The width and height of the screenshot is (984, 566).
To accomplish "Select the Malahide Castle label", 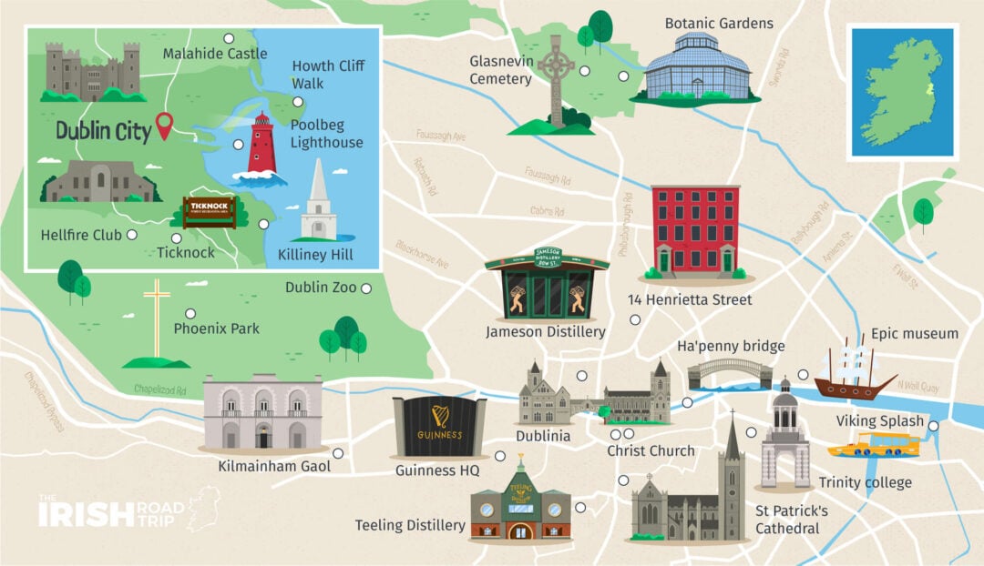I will (215, 54).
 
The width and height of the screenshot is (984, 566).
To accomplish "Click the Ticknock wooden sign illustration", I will (210, 211).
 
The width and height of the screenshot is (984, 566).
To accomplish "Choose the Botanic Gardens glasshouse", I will (696, 67).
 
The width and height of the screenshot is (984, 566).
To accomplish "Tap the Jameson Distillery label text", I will (545, 332).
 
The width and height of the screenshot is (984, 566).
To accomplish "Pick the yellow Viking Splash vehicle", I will (874, 445).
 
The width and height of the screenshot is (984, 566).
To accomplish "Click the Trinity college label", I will (865, 482).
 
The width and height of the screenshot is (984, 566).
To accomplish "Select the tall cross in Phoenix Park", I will (158, 318).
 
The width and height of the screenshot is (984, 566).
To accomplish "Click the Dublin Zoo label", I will (320, 288).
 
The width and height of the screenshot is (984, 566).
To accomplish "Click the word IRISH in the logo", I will (85, 514).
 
